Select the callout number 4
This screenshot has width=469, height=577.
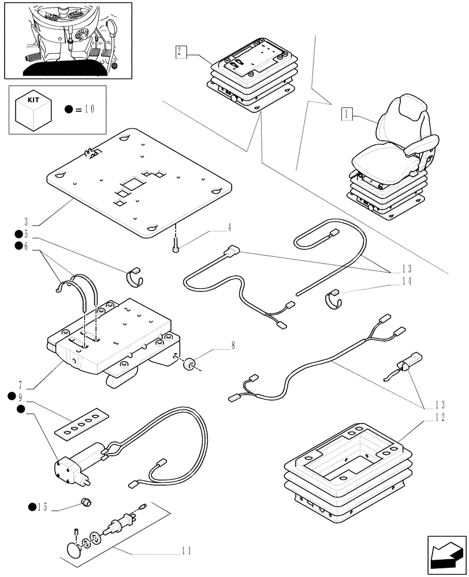pyautogui.click(x=229, y=227)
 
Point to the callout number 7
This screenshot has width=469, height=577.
pyautogui.click(x=20, y=384)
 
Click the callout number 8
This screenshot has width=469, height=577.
pyautogui.click(x=232, y=346)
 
